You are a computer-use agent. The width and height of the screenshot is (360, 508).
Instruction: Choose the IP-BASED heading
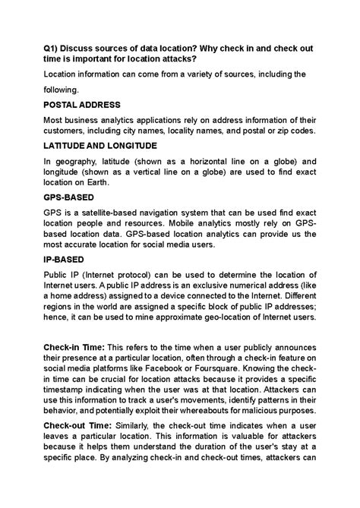pyautogui.click(x=64, y=259)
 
